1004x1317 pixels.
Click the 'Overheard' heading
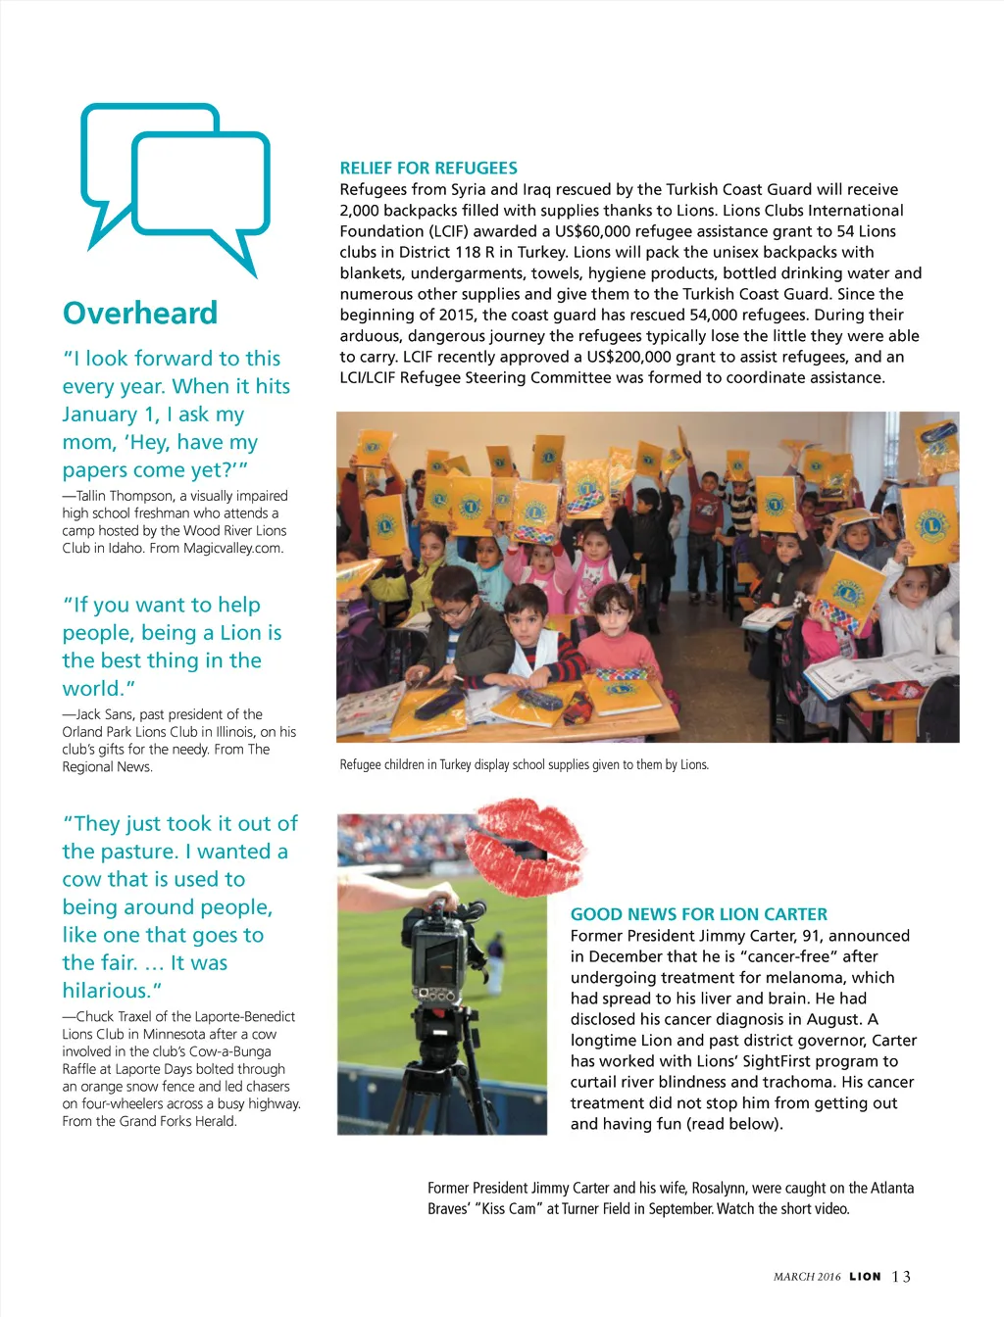pyautogui.click(x=140, y=314)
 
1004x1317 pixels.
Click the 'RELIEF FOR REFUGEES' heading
pyautogui.click(x=428, y=168)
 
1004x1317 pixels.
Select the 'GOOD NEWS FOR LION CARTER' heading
pyautogui.click(x=698, y=914)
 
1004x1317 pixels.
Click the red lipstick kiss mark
pyautogui.click(x=526, y=845)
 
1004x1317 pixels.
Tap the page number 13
pyautogui.click(x=901, y=1277)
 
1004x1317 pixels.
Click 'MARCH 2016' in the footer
pyautogui.click(x=807, y=1277)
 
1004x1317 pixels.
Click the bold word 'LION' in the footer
pyautogui.click(x=865, y=1277)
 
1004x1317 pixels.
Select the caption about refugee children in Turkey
pyautogui.click(x=524, y=764)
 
